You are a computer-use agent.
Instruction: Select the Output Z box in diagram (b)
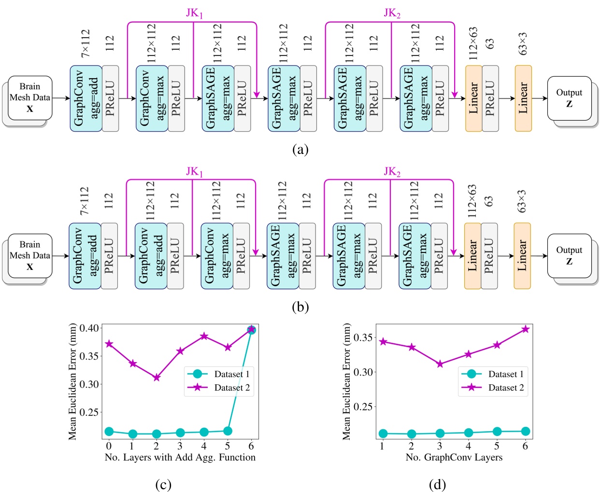coord(569,256)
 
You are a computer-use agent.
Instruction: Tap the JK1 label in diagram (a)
coord(194,13)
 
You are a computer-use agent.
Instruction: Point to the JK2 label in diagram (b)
coord(392,171)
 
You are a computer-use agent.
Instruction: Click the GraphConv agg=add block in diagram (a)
coord(86,98)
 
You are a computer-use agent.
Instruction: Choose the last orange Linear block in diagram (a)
coord(523,98)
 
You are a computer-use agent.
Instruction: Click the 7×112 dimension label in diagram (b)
coord(85,201)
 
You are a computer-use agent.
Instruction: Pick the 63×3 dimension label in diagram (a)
coord(523,43)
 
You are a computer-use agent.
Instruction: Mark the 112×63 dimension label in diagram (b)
coord(473,201)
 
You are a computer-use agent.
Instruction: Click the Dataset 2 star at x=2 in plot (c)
coord(157,378)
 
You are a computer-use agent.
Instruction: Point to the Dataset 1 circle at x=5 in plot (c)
coord(228,431)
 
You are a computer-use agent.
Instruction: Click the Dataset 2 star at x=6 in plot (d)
coord(525,329)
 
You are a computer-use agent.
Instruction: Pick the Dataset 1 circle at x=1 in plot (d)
coord(383,434)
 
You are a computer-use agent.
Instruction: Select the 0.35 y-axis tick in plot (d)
coord(363,337)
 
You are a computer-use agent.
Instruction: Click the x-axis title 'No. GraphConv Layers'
coord(454,457)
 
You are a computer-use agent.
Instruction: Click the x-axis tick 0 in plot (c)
coord(109,446)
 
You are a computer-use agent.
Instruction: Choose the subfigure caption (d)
coord(437,484)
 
